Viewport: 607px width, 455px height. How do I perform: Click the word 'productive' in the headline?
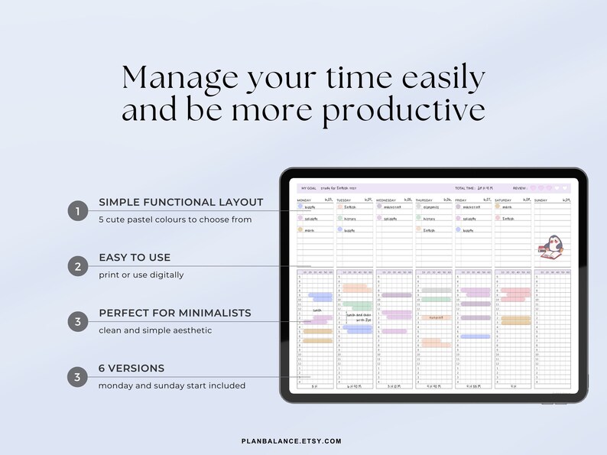404,110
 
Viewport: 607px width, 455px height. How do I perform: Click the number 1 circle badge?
77,211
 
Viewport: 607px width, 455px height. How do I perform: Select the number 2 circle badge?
77,266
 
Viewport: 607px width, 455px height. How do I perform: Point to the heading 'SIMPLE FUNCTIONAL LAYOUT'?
180,203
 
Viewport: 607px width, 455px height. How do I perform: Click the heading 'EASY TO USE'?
135,258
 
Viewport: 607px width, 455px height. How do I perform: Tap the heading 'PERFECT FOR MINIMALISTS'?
174,313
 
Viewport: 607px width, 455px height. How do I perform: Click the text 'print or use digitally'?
141,275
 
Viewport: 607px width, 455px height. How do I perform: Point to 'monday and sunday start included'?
172,385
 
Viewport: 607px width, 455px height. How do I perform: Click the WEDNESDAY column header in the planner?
387,200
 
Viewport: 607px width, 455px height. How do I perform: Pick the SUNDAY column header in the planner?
541,200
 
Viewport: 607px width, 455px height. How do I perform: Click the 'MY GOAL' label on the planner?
309,188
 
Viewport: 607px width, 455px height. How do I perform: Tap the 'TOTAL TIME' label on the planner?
466,188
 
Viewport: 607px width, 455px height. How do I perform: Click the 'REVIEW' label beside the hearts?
520,188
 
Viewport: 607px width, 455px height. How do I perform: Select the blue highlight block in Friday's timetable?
475,336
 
